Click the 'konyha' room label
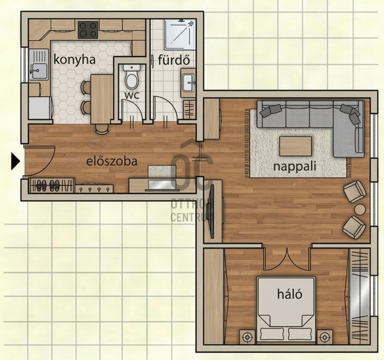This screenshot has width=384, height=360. click(74, 60)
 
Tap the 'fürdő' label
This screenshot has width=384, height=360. click(174, 60)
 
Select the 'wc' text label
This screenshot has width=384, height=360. click(132, 95)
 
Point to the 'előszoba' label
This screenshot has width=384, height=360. click(112, 161)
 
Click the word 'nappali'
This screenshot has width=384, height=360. click(295, 167)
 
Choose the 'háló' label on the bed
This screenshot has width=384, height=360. click(290, 294)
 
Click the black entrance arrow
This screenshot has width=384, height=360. click(15, 161)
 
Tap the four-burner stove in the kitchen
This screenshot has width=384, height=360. click(88, 30)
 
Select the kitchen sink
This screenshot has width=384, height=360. click(39, 64)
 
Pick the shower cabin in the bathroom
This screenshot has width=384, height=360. click(180, 34)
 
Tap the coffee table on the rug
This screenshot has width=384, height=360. click(296, 146)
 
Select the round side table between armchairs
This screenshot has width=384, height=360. click(360, 210)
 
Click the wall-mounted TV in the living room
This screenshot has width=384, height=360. click(211, 211)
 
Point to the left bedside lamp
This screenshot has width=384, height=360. click(247, 337)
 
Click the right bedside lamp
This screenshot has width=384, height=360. click(325, 337)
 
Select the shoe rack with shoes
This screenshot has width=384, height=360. click(52, 185)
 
